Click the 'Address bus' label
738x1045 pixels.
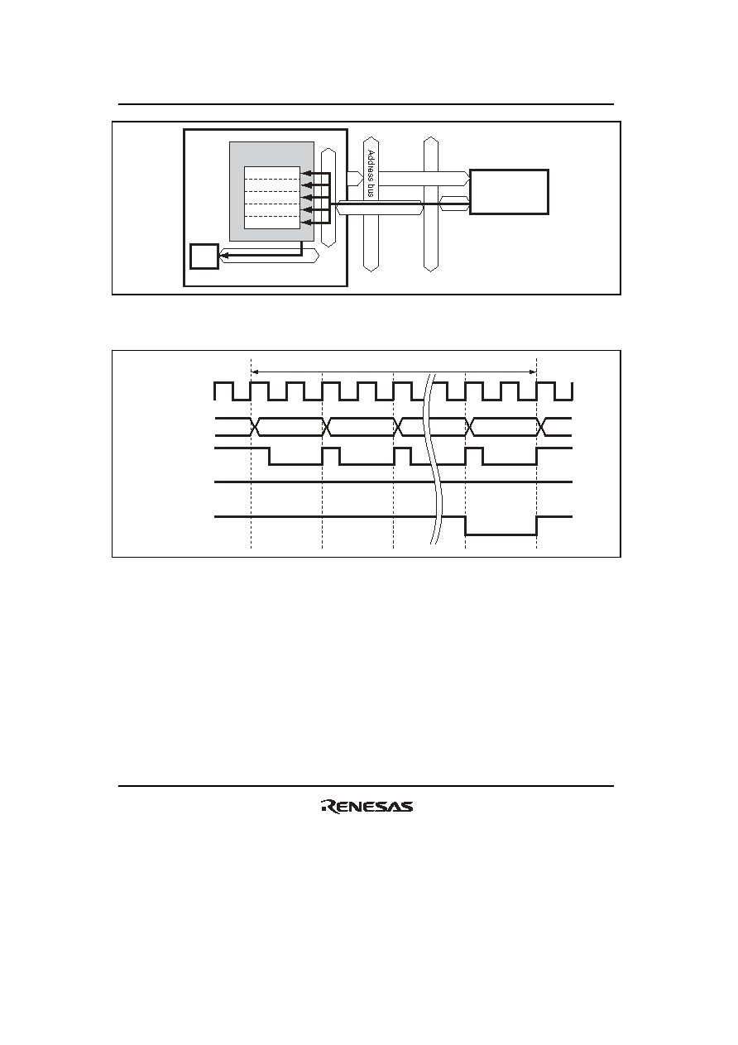371,173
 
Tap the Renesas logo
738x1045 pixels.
367,806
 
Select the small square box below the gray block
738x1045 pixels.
204,256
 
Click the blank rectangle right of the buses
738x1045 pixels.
509,192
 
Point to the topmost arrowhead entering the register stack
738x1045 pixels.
306,174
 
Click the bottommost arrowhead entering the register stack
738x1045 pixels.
306,223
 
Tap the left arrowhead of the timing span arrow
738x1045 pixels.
255,372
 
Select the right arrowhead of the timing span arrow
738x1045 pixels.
533,372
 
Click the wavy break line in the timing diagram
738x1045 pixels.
433,458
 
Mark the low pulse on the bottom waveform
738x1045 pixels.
501,534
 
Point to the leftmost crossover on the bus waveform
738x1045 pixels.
255,427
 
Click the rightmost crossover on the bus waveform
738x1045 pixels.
542,427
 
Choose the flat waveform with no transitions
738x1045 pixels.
393,482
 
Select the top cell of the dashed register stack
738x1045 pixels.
272,173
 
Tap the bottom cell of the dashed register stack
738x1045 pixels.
272,223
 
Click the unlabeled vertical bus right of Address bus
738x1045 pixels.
431,204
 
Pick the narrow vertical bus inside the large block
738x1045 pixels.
328,198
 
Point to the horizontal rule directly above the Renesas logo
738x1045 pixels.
366,786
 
